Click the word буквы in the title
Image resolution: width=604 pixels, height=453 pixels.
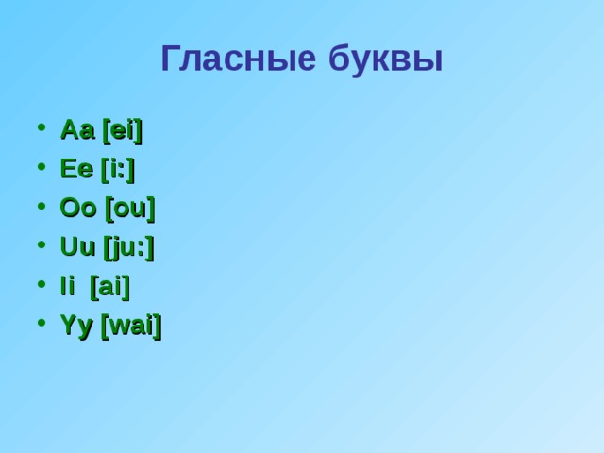click(386, 59)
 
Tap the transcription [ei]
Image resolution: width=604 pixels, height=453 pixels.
click(122, 129)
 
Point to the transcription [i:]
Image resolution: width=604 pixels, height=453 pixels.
click(118, 169)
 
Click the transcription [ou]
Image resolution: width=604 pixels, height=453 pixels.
click(130, 208)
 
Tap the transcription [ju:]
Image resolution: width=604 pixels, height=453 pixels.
click(129, 248)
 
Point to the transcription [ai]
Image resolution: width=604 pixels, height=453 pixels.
click(109, 286)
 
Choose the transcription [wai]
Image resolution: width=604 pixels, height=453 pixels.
click(131, 327)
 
